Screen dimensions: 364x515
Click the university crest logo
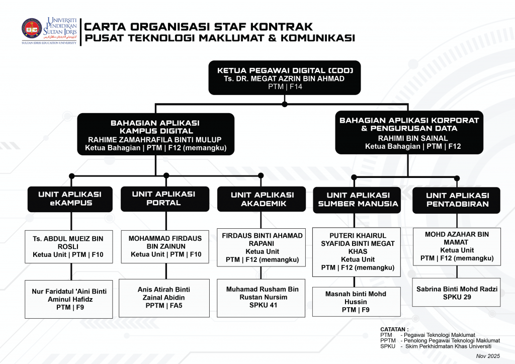(32, 29)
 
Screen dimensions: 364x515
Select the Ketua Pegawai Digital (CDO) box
(285, 78)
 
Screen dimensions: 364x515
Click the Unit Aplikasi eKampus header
(70, 199)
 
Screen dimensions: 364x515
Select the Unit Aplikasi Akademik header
(262, 199)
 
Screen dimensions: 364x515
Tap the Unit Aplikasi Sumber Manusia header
(358, 200)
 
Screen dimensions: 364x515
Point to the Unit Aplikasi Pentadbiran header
(457, 200)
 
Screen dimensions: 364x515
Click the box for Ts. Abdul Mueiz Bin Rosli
(68, 247)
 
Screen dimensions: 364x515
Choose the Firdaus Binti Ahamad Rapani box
(262, 247)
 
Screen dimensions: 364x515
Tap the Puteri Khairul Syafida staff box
(357, 251)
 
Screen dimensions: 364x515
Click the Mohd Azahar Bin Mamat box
(457, 246)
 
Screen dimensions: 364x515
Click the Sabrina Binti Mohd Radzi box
(457, 293)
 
